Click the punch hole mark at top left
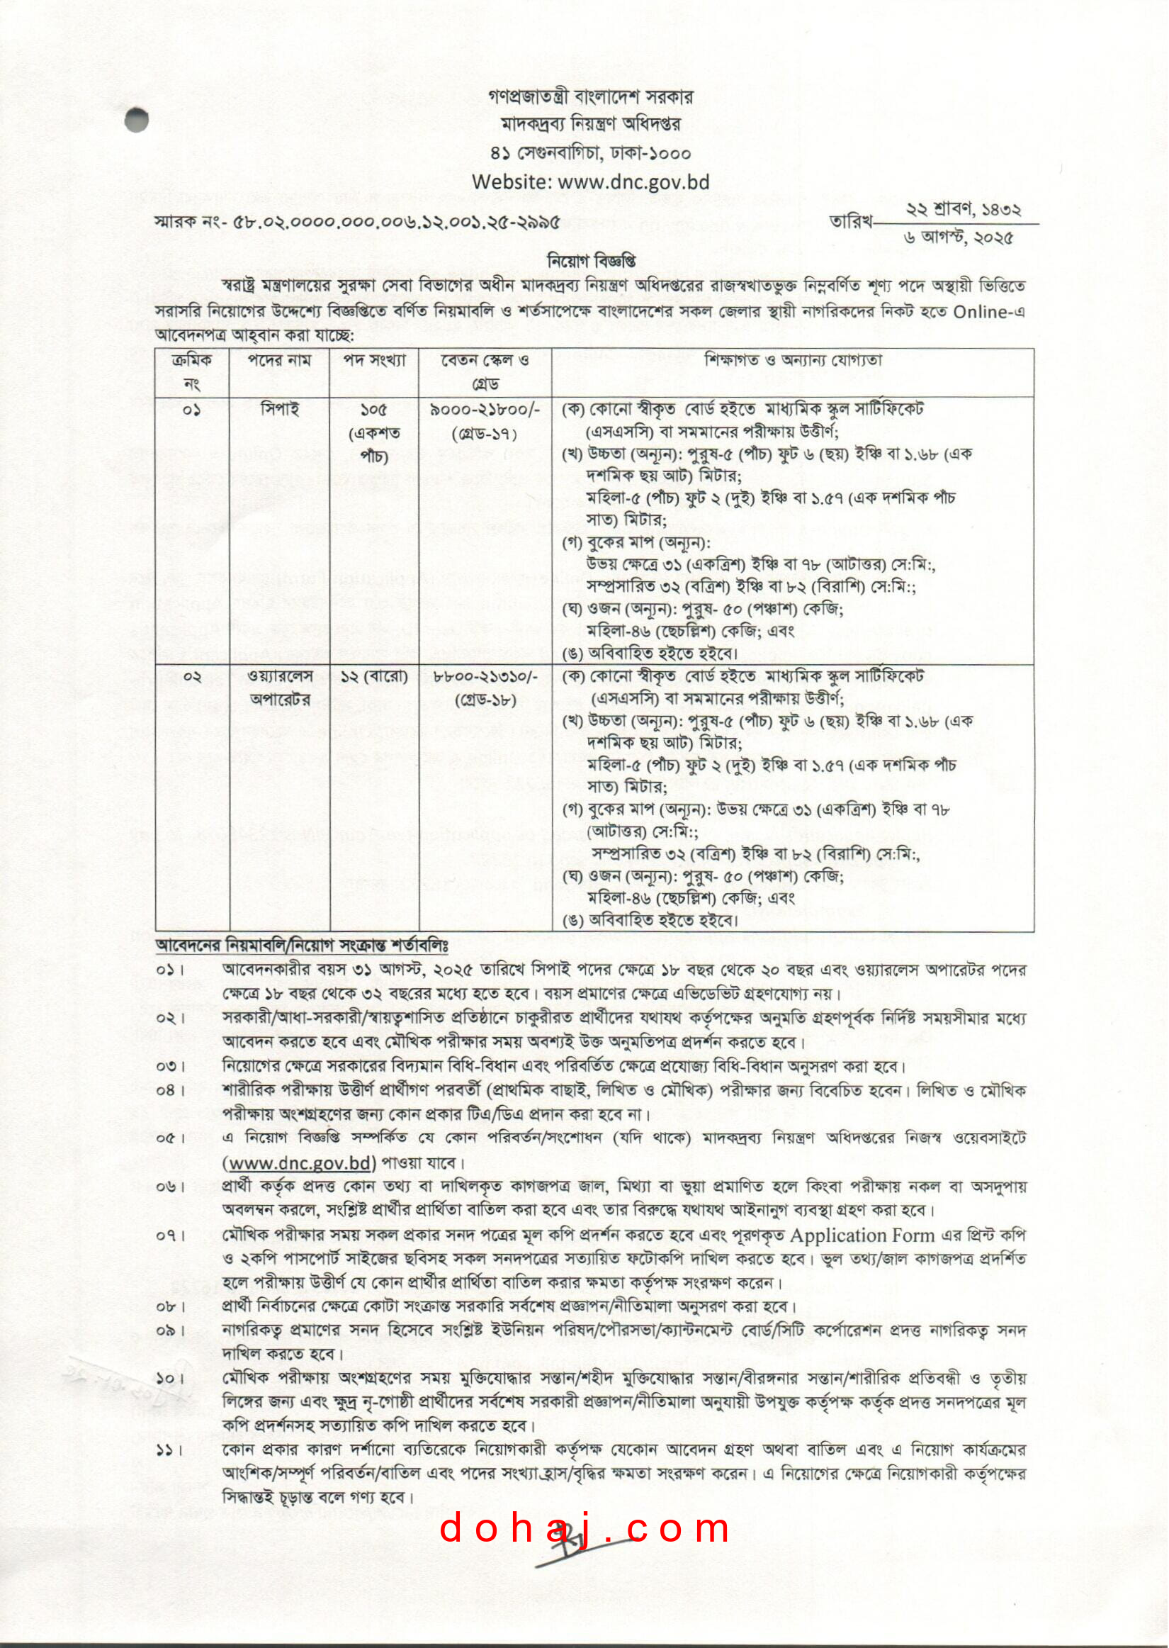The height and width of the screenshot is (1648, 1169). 136,120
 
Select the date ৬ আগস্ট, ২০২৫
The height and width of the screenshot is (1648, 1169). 958,238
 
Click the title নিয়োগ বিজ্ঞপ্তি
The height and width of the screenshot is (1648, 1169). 591,260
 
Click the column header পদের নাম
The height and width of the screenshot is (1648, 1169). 279,361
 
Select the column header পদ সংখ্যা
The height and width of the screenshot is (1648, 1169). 374,361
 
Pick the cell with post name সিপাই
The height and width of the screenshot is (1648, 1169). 279,410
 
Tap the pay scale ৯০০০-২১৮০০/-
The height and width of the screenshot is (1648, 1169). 485,410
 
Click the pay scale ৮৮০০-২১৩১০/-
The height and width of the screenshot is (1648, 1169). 485,677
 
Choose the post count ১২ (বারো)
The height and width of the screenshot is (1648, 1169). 374,677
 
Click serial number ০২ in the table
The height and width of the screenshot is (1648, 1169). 192,677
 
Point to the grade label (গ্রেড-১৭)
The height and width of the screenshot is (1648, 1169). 485,433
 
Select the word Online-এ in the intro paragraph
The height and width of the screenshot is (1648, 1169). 989,313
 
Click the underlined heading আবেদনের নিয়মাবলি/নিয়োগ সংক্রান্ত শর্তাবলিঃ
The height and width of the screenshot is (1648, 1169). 302,943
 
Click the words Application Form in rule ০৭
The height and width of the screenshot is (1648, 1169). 862,1235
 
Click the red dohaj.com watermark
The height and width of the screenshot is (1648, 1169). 584,1529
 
